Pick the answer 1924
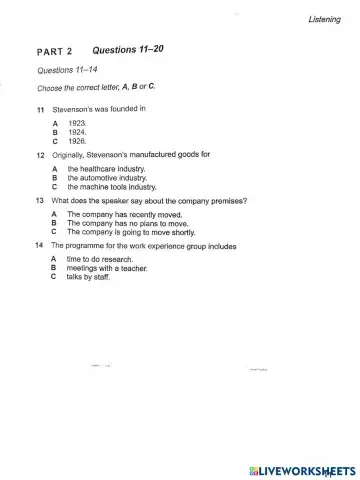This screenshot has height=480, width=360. pos(79,131)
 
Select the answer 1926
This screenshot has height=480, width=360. pos(79,140)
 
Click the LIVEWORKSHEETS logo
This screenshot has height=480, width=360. pos(300,469)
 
